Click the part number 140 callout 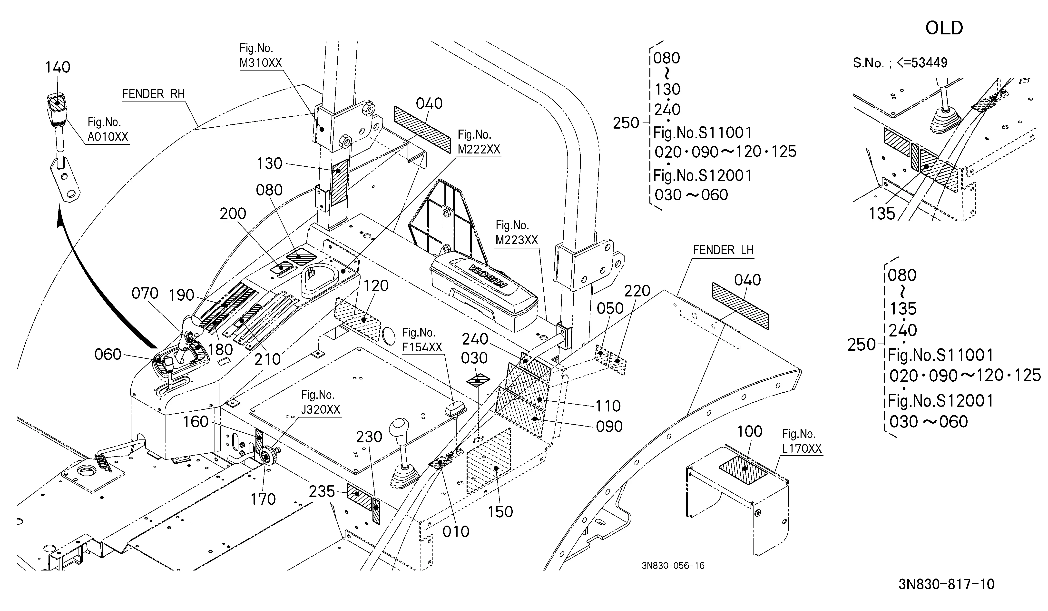58,67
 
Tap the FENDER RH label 153,94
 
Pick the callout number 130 269,163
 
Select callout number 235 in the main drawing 322,491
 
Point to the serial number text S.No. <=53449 900,63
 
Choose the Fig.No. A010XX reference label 108,129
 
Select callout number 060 108,355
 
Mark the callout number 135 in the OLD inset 882,214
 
